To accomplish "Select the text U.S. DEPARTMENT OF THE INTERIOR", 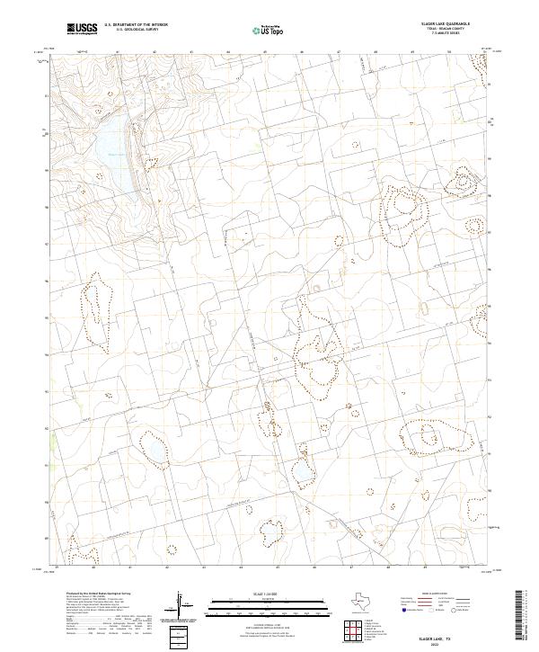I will click(x=136, y=24).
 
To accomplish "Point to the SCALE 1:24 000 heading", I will click(x=243, y=594).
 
